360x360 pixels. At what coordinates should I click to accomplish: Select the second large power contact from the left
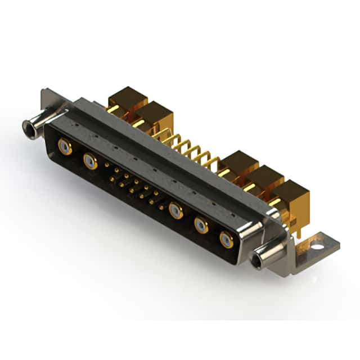tap(90, 161)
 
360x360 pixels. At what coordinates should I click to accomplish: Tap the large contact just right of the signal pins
tap(176, 210)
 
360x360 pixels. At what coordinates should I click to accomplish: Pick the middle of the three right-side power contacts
tap(201, 225)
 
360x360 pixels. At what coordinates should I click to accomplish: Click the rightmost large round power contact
tap(227, 239)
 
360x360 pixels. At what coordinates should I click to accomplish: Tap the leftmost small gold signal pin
tap(106, 165)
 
